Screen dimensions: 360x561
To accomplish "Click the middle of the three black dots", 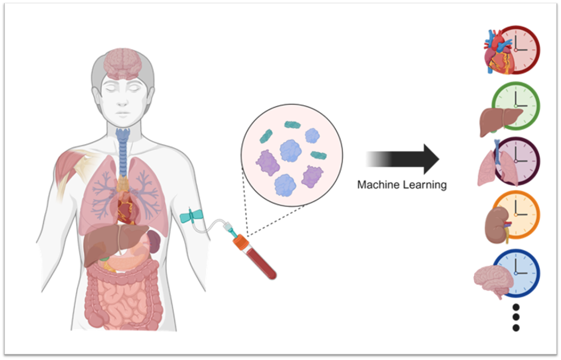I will click(x=516, y=317).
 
